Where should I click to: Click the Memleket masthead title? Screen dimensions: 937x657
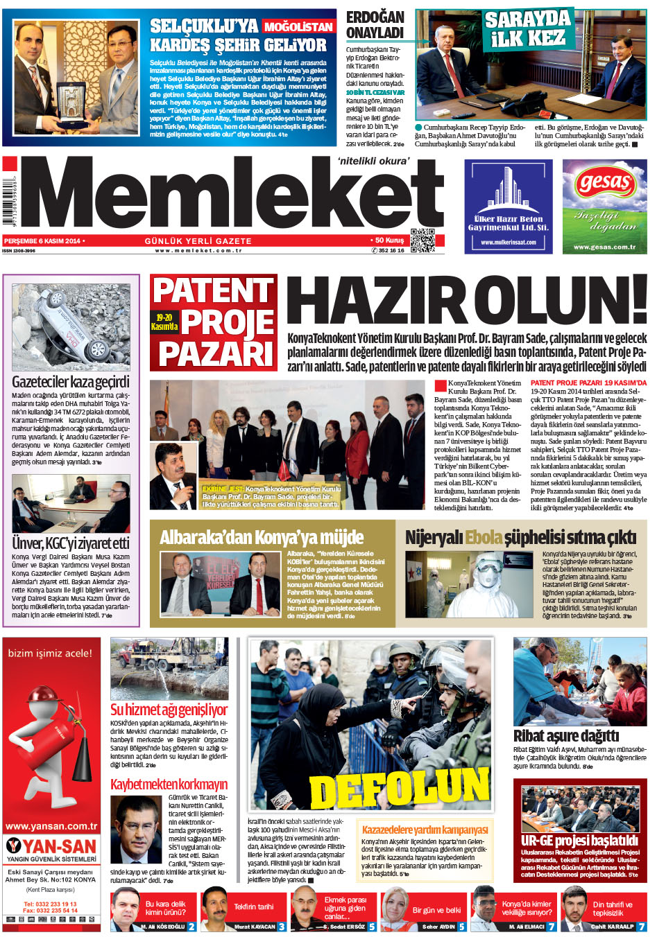(x=236, y=199)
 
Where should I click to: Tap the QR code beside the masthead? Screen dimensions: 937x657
(x=423, y=240)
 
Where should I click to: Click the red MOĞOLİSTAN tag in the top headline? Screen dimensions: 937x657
(x=299, y=27)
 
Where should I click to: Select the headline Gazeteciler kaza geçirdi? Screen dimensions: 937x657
(x=71, y=382)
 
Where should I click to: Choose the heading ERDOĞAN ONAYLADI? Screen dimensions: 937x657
(x=375, y=24)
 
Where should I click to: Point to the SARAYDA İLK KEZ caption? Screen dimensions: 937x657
(x=528, y=28)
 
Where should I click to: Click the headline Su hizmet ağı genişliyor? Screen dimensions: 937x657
(x=169, y=710)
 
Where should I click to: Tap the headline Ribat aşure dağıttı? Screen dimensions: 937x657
(x=565, y=735)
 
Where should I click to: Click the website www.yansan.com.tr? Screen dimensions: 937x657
(x=51, y=826)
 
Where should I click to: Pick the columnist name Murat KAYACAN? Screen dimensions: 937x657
(x=255, y=927)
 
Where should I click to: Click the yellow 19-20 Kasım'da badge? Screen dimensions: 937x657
(x=165, y=322)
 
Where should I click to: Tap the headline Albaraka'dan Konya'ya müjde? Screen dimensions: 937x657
(x=262, y=537)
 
